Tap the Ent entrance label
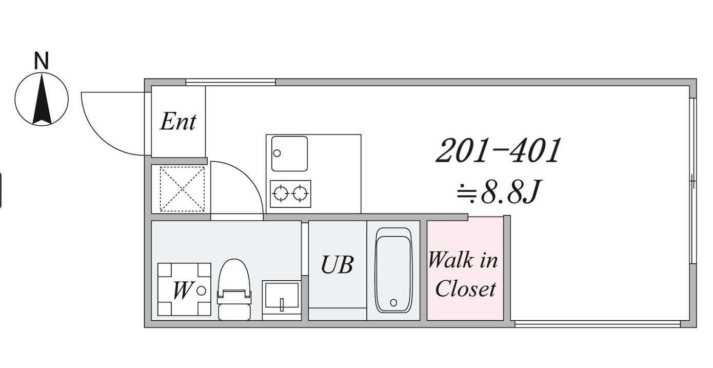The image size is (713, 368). tap(178, 122)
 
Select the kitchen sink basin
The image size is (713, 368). tap(289, 153)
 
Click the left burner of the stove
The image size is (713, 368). tap(281, 193)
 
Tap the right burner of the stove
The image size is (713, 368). tap(300, 193)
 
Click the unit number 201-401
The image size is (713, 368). tap(498, 151)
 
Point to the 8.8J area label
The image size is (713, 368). tap(499, 192)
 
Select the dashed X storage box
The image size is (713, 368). tap(182, 189)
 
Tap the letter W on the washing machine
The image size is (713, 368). tap(182, 290)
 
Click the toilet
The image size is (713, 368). tap(234, 289)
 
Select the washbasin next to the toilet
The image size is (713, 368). tap(282, 300)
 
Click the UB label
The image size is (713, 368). tap(337, 265)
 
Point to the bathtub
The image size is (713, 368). tap(393, 270)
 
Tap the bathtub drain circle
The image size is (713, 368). tap(393, 302)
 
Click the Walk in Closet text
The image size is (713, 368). tap(464, 274)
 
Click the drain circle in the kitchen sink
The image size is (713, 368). tap(277, 153)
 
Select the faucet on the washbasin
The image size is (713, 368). tap(282, 304)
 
